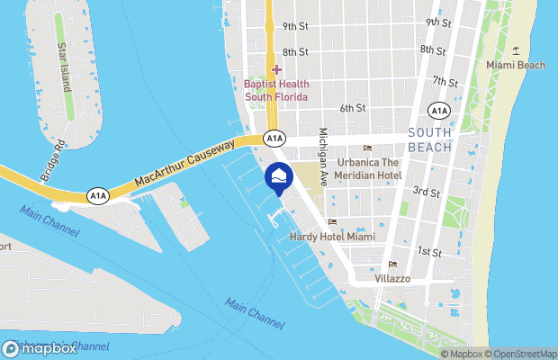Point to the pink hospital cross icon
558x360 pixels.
(x=276, y=69)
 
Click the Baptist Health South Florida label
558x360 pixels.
(x=276, y=91)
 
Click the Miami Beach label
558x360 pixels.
(x=516, y=65)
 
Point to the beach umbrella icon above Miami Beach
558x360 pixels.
(x=516, y=50)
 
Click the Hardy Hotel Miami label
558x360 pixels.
(x=332, y=237)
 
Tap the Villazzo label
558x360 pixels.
(x=392, y=279)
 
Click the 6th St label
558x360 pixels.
(x=352, y=108)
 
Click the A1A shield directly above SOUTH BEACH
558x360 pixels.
(x=438, y=111)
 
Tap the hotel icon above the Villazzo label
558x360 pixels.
(x=391, y=265)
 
